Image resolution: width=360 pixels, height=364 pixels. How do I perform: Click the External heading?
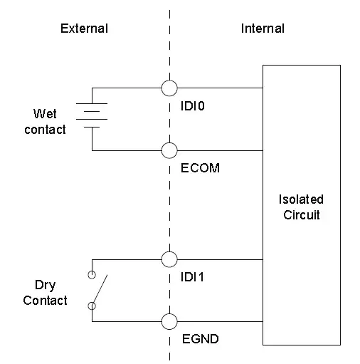[84, 28]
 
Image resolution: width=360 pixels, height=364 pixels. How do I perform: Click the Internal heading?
[263, 28]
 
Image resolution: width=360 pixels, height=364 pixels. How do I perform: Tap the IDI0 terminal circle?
[169, 88]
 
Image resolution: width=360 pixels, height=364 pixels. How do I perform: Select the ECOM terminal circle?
[169, 150]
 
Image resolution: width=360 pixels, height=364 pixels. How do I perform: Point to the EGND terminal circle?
[169, 321]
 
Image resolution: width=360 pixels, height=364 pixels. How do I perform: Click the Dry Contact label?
[46, 293]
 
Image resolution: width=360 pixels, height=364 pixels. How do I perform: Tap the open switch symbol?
[98, 290]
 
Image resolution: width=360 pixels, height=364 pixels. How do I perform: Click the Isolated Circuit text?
[301, 207]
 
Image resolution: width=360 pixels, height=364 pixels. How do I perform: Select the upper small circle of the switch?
[91, 274]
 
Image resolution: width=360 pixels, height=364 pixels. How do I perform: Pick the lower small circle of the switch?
[91, 306]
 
